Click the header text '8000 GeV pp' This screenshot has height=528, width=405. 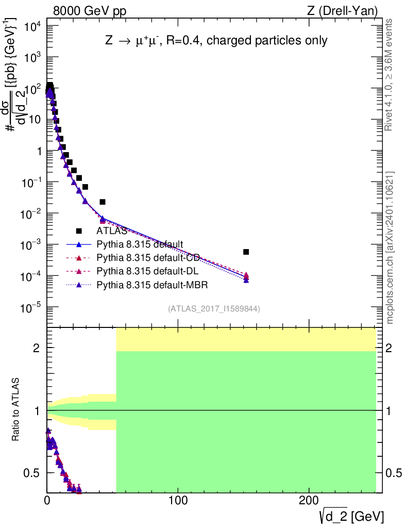tap(89, 10)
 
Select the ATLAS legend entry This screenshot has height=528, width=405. tap(111, 231)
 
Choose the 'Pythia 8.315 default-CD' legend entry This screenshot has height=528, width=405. tap(147, 257)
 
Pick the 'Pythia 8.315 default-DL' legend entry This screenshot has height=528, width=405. tap(146, 271)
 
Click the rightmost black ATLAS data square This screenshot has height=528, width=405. tap(246, 252)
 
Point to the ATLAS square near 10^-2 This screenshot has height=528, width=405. tap(103, 202)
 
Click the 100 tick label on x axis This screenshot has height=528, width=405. tap(178, 500)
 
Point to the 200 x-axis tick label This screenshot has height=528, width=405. tap(308, 500)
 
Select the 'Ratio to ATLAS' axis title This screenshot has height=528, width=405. tap(16, 409)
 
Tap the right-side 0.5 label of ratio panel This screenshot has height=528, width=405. tap(394, 473)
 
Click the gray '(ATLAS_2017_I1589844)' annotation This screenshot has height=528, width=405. tap(213, 309)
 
